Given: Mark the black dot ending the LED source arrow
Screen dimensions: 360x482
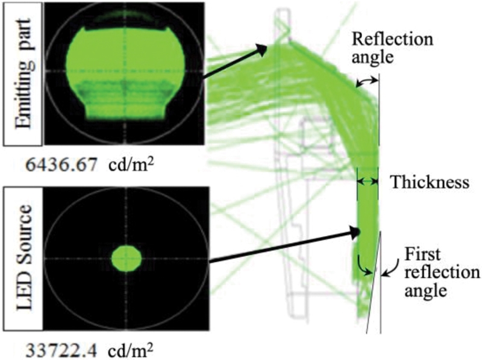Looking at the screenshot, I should pyautogui.click(x=356, y=231).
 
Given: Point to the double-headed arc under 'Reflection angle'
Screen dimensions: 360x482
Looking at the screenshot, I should pyautogui.click(x=368, y=80).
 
